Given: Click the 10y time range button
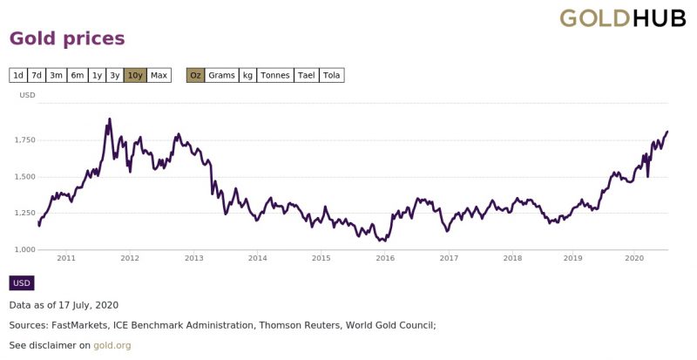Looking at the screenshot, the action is tap(135, 75).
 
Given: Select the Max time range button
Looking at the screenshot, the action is tap(159, 75).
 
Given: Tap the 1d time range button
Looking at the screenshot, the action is tap(18, 75).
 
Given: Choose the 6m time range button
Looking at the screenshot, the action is tap(78, 75).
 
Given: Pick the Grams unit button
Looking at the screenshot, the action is tap(221, 75).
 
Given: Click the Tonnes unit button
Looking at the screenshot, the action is tap(275, 75).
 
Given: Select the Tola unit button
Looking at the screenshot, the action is tap(332, 75).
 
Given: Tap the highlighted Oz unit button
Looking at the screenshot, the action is tap(195, 75).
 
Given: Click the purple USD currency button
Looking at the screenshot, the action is tap(22, 283).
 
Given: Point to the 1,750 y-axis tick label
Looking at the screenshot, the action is tap(26, 140).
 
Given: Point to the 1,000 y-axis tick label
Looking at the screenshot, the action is tap(26, 249).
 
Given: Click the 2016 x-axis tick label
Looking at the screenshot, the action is tap(385, 258).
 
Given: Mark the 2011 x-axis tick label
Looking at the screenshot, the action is tap(66, 258).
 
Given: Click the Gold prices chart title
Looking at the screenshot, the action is tap(67, 38).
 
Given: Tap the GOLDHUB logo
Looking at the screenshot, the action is tap(623, 18).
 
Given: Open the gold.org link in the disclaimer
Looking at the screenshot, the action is tap(112, 345).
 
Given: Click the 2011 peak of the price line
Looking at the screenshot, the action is tap(110, 119).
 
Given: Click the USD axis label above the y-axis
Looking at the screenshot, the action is tap(27, 95).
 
